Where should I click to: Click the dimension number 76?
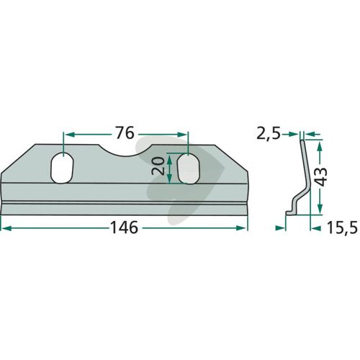125,133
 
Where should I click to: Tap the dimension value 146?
125,228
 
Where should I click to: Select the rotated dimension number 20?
158,166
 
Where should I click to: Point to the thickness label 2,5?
269,134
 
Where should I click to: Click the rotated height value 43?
321,177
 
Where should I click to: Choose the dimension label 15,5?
342,228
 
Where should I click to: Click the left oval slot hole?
62,168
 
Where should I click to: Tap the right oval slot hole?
189,168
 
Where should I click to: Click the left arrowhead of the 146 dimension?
5,228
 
